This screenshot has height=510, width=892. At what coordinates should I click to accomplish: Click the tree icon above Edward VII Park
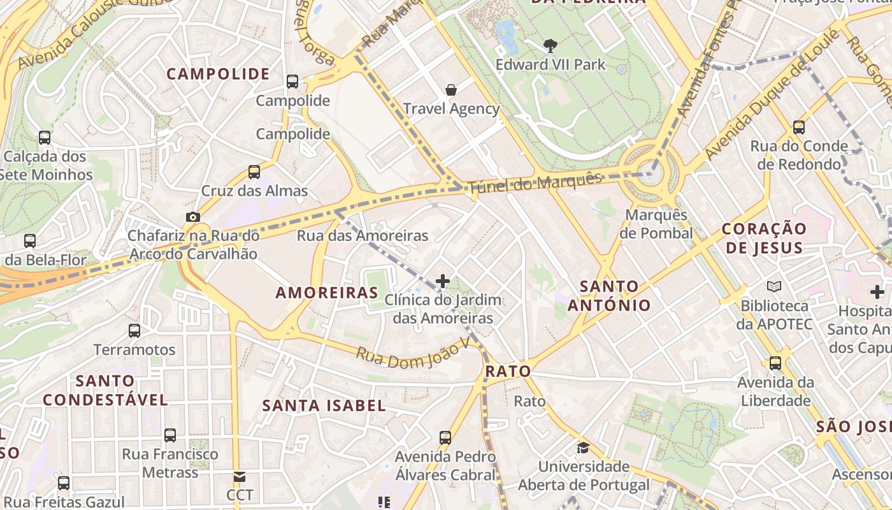[x=550, y=46]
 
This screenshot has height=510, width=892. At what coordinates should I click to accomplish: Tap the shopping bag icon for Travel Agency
[x=451, y=90]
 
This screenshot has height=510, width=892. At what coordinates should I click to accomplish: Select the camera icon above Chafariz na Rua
[x=193, y=217]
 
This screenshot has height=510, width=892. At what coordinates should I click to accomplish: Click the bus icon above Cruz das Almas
[x=254, y=171]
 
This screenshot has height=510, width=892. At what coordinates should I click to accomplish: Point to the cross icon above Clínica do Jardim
[x=443, y=280]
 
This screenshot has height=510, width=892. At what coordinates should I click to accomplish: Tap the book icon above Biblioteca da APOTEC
[x=774, y=287]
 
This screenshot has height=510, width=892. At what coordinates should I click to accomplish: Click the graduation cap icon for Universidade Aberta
[x=582, y=448]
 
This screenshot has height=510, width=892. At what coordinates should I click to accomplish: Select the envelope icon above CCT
[x=239, y=476]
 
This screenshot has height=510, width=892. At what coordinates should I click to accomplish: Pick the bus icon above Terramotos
[x=134, y=330]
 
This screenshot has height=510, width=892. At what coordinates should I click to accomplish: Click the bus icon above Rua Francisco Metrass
[x=170, y=435]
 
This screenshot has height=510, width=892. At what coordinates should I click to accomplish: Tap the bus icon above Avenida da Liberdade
[x=775, y=363]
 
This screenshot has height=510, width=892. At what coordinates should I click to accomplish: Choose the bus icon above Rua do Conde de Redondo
[x=798, y=127]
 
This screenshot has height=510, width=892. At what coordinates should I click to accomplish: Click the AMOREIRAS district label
[x=327, y=293]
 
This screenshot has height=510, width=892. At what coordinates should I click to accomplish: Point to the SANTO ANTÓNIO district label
[x=609, y=296]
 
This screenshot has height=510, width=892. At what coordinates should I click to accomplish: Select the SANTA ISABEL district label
[x=324, y=405]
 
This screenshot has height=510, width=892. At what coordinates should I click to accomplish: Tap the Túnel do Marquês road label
[x=535, y=183]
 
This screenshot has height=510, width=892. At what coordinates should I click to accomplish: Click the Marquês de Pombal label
[x=656, y=224]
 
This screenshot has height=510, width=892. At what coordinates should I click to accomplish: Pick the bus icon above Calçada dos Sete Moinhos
[x=45, y=137]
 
